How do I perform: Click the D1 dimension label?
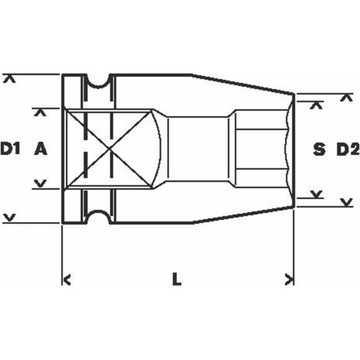(x=10, y=149)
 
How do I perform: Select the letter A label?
(x=41, y=149)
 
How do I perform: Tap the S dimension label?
(x=319, y=149)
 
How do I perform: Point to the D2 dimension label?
(x=349, y=149)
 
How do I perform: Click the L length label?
(x=177, y=279)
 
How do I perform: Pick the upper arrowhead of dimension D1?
(x=10, y=79)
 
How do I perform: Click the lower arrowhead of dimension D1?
(x=10, y=218)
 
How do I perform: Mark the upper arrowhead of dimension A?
(x=41, y=113)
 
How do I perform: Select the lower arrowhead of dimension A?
(x=41, y=183)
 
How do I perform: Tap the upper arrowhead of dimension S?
(x=316, y=105)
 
